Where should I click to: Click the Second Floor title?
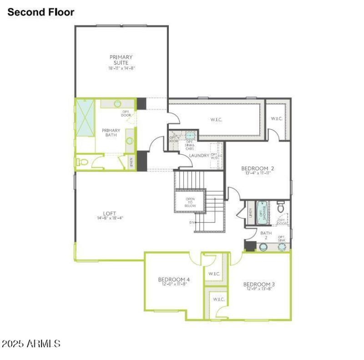[40, 12]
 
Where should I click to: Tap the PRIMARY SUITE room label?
[121, 60]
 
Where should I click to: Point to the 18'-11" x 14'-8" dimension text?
[121, 68]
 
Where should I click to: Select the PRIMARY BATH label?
[111, 132]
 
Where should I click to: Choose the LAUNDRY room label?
[199, 156]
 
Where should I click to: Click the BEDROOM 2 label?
[257, 168]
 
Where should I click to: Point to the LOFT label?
[110, 213]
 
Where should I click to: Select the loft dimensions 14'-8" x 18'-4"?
[110, 218]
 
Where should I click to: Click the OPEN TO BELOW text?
[190, 202]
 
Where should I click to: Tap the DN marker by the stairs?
[192, 223]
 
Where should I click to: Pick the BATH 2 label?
[266, 235]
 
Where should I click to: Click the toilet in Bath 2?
[281, 208]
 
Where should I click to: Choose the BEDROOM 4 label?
[174, 279]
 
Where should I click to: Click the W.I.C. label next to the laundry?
[216, 120]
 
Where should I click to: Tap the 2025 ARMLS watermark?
[31, 344]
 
